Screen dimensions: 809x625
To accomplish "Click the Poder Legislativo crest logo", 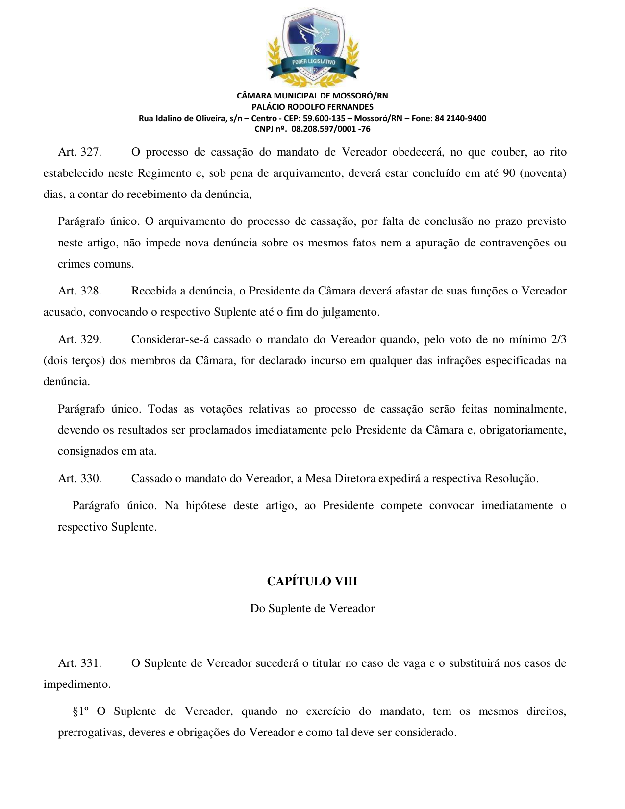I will (313, 48).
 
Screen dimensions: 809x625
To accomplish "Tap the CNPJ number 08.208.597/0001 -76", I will (331, 129).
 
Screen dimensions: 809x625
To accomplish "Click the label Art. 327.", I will (80, 152).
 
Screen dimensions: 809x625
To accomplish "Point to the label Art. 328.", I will (80, 291).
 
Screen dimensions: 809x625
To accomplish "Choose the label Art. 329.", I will (80, 340).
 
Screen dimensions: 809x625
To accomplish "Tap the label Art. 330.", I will (80, 479).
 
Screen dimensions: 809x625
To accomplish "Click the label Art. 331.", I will (80, 663).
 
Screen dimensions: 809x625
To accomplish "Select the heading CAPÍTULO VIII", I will (312, 581).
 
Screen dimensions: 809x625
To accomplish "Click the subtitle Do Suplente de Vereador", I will (312, 609).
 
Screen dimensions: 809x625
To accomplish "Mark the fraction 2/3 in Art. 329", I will (559, 340).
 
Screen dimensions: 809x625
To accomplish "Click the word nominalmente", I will (530, 409).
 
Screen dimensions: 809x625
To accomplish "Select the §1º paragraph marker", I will (81, 711).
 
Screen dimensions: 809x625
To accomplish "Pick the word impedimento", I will (77, 685).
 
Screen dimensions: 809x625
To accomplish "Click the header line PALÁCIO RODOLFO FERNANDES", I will (312, 107).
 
